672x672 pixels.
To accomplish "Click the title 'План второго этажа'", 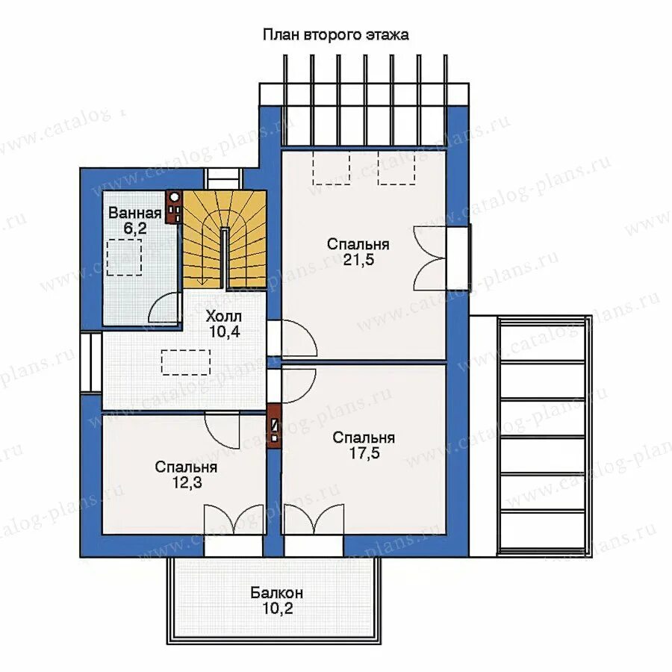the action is [335, 34].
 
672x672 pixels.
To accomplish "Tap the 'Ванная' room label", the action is [134, 213].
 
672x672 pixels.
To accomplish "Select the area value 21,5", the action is [358, 260].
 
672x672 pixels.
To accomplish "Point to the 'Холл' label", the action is [224, 317].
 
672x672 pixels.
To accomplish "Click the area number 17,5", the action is [364, 453].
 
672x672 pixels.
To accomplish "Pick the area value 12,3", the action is [187, 482].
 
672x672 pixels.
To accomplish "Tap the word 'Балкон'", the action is [277, 593].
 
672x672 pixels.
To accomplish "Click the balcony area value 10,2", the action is [277, 608].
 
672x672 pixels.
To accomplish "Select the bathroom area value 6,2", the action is [135, 228].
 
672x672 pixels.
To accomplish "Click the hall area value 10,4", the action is [224, 332].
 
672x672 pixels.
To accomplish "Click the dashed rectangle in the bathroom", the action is [124, 257].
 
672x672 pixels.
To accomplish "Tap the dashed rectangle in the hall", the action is [186, 363].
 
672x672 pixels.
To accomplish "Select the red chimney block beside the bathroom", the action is [174, 208].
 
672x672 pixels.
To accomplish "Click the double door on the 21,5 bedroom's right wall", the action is [429, 259].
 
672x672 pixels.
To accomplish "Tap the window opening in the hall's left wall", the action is [91, 363].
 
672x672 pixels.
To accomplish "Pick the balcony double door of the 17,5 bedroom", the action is [314, 520].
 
